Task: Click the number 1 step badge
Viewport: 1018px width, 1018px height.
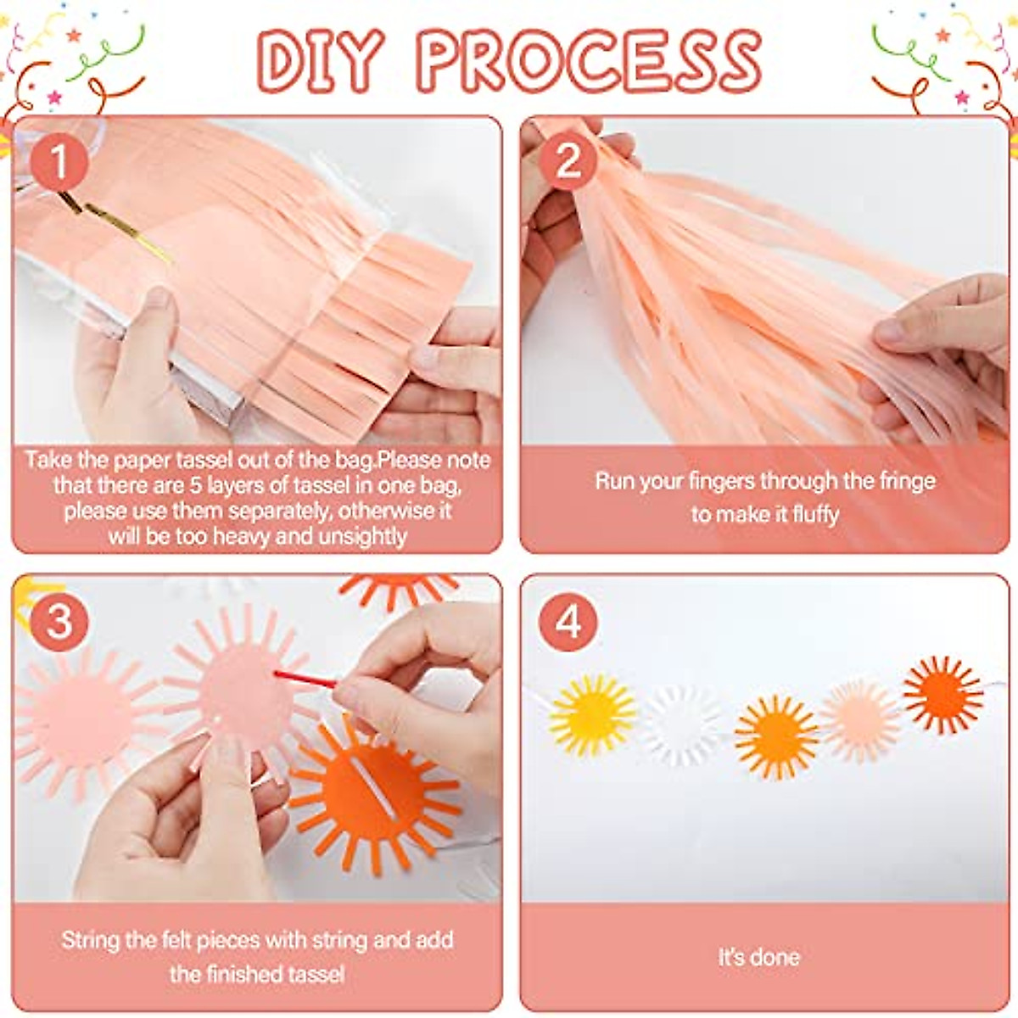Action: point(59,162)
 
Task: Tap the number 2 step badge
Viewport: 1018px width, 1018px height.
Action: point(568,160)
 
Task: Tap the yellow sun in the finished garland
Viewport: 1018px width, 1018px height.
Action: point(592,715)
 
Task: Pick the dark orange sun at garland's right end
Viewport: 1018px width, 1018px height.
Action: point(942,694)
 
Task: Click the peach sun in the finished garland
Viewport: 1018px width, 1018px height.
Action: point(860,720)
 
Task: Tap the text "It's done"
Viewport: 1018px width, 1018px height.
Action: point(759,958)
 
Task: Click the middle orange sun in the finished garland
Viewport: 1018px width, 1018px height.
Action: point(775,736)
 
